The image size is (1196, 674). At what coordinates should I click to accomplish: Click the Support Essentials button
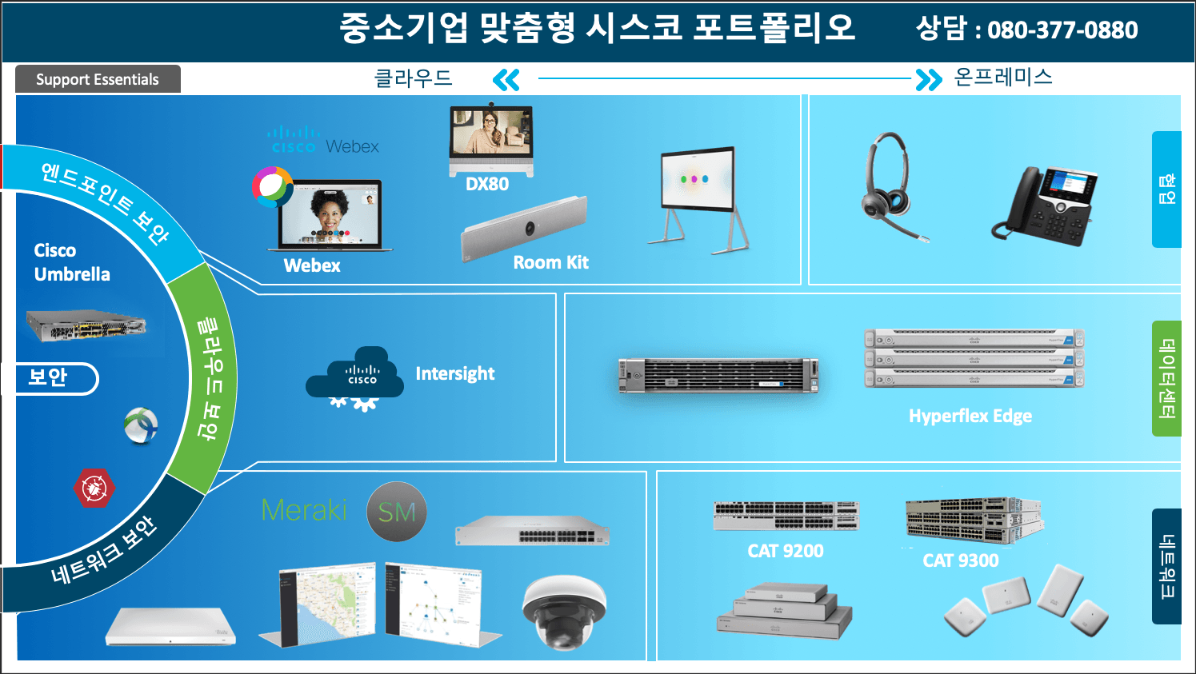click(x=98, y=79)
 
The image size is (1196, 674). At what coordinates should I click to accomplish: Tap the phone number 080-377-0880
click(x=1062, y=30)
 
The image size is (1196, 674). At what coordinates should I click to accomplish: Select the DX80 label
click(x=487, y=184)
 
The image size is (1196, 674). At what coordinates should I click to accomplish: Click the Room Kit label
click(x=550, y=262)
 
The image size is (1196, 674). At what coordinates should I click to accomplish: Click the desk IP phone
click(x=1046, y=205)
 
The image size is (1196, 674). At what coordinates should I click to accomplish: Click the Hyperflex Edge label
click(x=970, y=416)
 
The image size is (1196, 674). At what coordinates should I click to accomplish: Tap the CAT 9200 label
click(x=785, y=551)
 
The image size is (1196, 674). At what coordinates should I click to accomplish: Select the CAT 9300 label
click(x=960, y=560)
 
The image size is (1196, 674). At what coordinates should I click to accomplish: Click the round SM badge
click(x=397, y=512)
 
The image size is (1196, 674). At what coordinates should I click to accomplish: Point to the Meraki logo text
click(x=304, y=510)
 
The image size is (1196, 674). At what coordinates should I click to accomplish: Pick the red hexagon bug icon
click(x=94, y=488)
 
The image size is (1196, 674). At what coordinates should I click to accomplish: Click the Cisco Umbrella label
click(x=72, y=262)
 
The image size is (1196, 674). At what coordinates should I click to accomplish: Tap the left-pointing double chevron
click(x=506, y=79)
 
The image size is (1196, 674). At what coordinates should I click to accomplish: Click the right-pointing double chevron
click(x=928, y=79)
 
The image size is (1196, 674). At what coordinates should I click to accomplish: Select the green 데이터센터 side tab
click(x=1166, y=378)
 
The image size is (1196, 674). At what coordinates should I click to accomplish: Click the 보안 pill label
click(x=50, y=378)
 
